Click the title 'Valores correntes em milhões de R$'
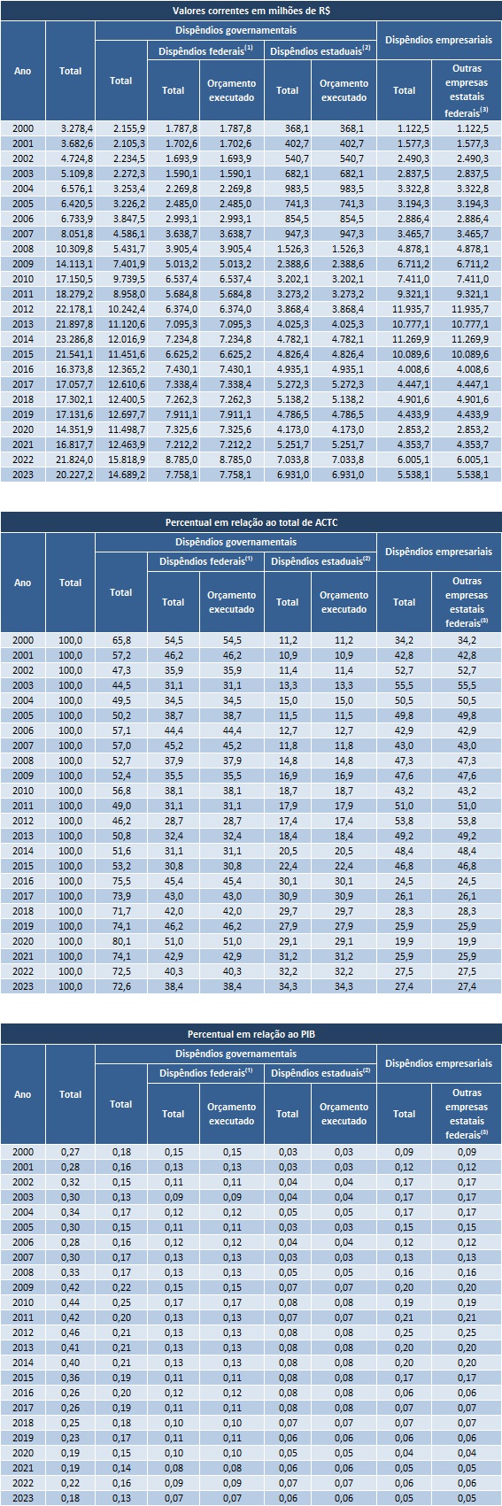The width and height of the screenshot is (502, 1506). tap(251, 10)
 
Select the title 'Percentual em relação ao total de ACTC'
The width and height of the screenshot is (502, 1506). tap(251, 521)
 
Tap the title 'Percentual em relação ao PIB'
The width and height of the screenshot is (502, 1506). tap(251, 1033)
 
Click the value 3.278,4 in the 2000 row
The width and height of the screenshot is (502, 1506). tap(70, 128)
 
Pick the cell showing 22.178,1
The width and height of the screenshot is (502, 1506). tap(70, 308)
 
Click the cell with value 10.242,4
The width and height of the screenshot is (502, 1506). tap(120, 308)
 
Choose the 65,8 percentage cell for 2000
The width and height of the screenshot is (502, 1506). tap(120, 640)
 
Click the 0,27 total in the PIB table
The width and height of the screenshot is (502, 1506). tap(70, 1152)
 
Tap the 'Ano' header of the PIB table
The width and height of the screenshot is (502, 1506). tap(23, 1094)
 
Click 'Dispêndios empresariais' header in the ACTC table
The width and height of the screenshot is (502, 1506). tap(438, 552)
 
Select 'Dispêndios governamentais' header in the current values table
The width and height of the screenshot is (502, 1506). tap(236, 30)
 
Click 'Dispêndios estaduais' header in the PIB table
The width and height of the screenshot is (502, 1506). tap(320, 1073)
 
